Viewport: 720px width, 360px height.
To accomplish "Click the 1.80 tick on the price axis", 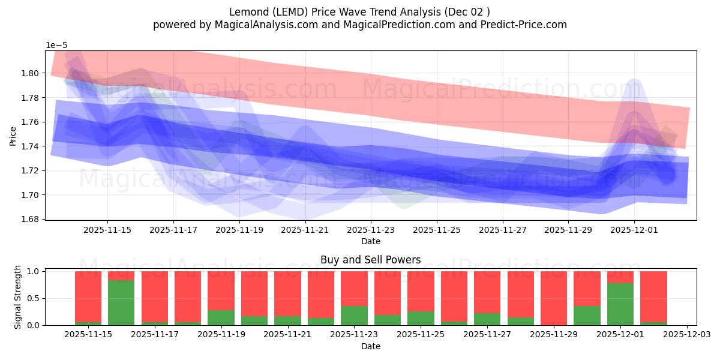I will [29, 73].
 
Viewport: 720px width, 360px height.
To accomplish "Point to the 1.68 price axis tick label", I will [29, 219].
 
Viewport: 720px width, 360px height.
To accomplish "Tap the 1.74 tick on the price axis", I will [29, 146].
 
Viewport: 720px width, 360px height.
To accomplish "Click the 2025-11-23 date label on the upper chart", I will [371, 229].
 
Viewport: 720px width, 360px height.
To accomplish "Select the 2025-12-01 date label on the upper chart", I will [634, 229].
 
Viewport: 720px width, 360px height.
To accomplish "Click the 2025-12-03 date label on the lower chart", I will [686, 334].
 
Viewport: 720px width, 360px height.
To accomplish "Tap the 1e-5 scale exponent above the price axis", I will [57, 45].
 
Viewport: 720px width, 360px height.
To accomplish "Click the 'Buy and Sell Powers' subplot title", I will [370, 260].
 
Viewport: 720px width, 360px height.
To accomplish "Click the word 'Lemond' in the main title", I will [247, 12].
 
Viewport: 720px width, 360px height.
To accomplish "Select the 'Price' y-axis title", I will [13, 136].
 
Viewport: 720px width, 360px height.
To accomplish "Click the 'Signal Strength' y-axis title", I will [18, 296].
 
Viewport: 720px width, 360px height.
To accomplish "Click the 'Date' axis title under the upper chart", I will [370, 241].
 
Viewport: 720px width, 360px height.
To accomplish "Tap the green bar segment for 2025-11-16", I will [121, 303].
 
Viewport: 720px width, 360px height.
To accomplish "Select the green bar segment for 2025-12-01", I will [620, 304].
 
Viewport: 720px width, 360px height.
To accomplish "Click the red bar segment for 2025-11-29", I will [554, 298].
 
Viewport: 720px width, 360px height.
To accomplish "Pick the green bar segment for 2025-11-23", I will [354, 316].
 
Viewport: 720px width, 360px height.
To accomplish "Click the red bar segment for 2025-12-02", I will [653, 296].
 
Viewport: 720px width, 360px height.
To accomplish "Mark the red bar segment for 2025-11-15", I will [88, 296].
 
